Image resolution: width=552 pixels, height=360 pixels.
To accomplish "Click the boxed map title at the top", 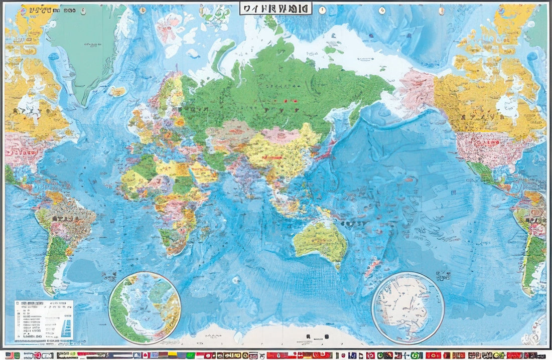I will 275,8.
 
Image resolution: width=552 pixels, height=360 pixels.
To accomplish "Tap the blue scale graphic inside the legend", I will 67,328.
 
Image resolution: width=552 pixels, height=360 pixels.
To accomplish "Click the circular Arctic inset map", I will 145,308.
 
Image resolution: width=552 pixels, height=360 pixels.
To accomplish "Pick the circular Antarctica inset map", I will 407,308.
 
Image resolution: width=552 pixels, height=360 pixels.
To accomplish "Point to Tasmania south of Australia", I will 338,265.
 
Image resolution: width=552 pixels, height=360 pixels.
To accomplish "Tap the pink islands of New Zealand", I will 372,265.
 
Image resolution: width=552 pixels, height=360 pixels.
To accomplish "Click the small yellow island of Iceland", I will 117,91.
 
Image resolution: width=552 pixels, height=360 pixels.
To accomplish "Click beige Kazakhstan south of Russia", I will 232,134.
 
